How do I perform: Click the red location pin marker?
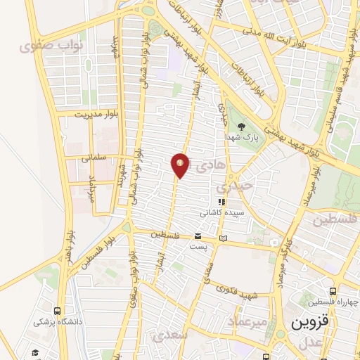[x=180, y=165]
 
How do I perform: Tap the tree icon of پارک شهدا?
[x=242, y=127]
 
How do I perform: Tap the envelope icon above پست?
[x=198, y=236]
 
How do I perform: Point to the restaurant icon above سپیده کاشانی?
[x=221, y=202]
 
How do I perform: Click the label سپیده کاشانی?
[x=221, y=212]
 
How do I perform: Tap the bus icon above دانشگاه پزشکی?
[x=57, y=311]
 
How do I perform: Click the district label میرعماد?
[x=247, y=321]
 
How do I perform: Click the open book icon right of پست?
[x=224, y=238]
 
